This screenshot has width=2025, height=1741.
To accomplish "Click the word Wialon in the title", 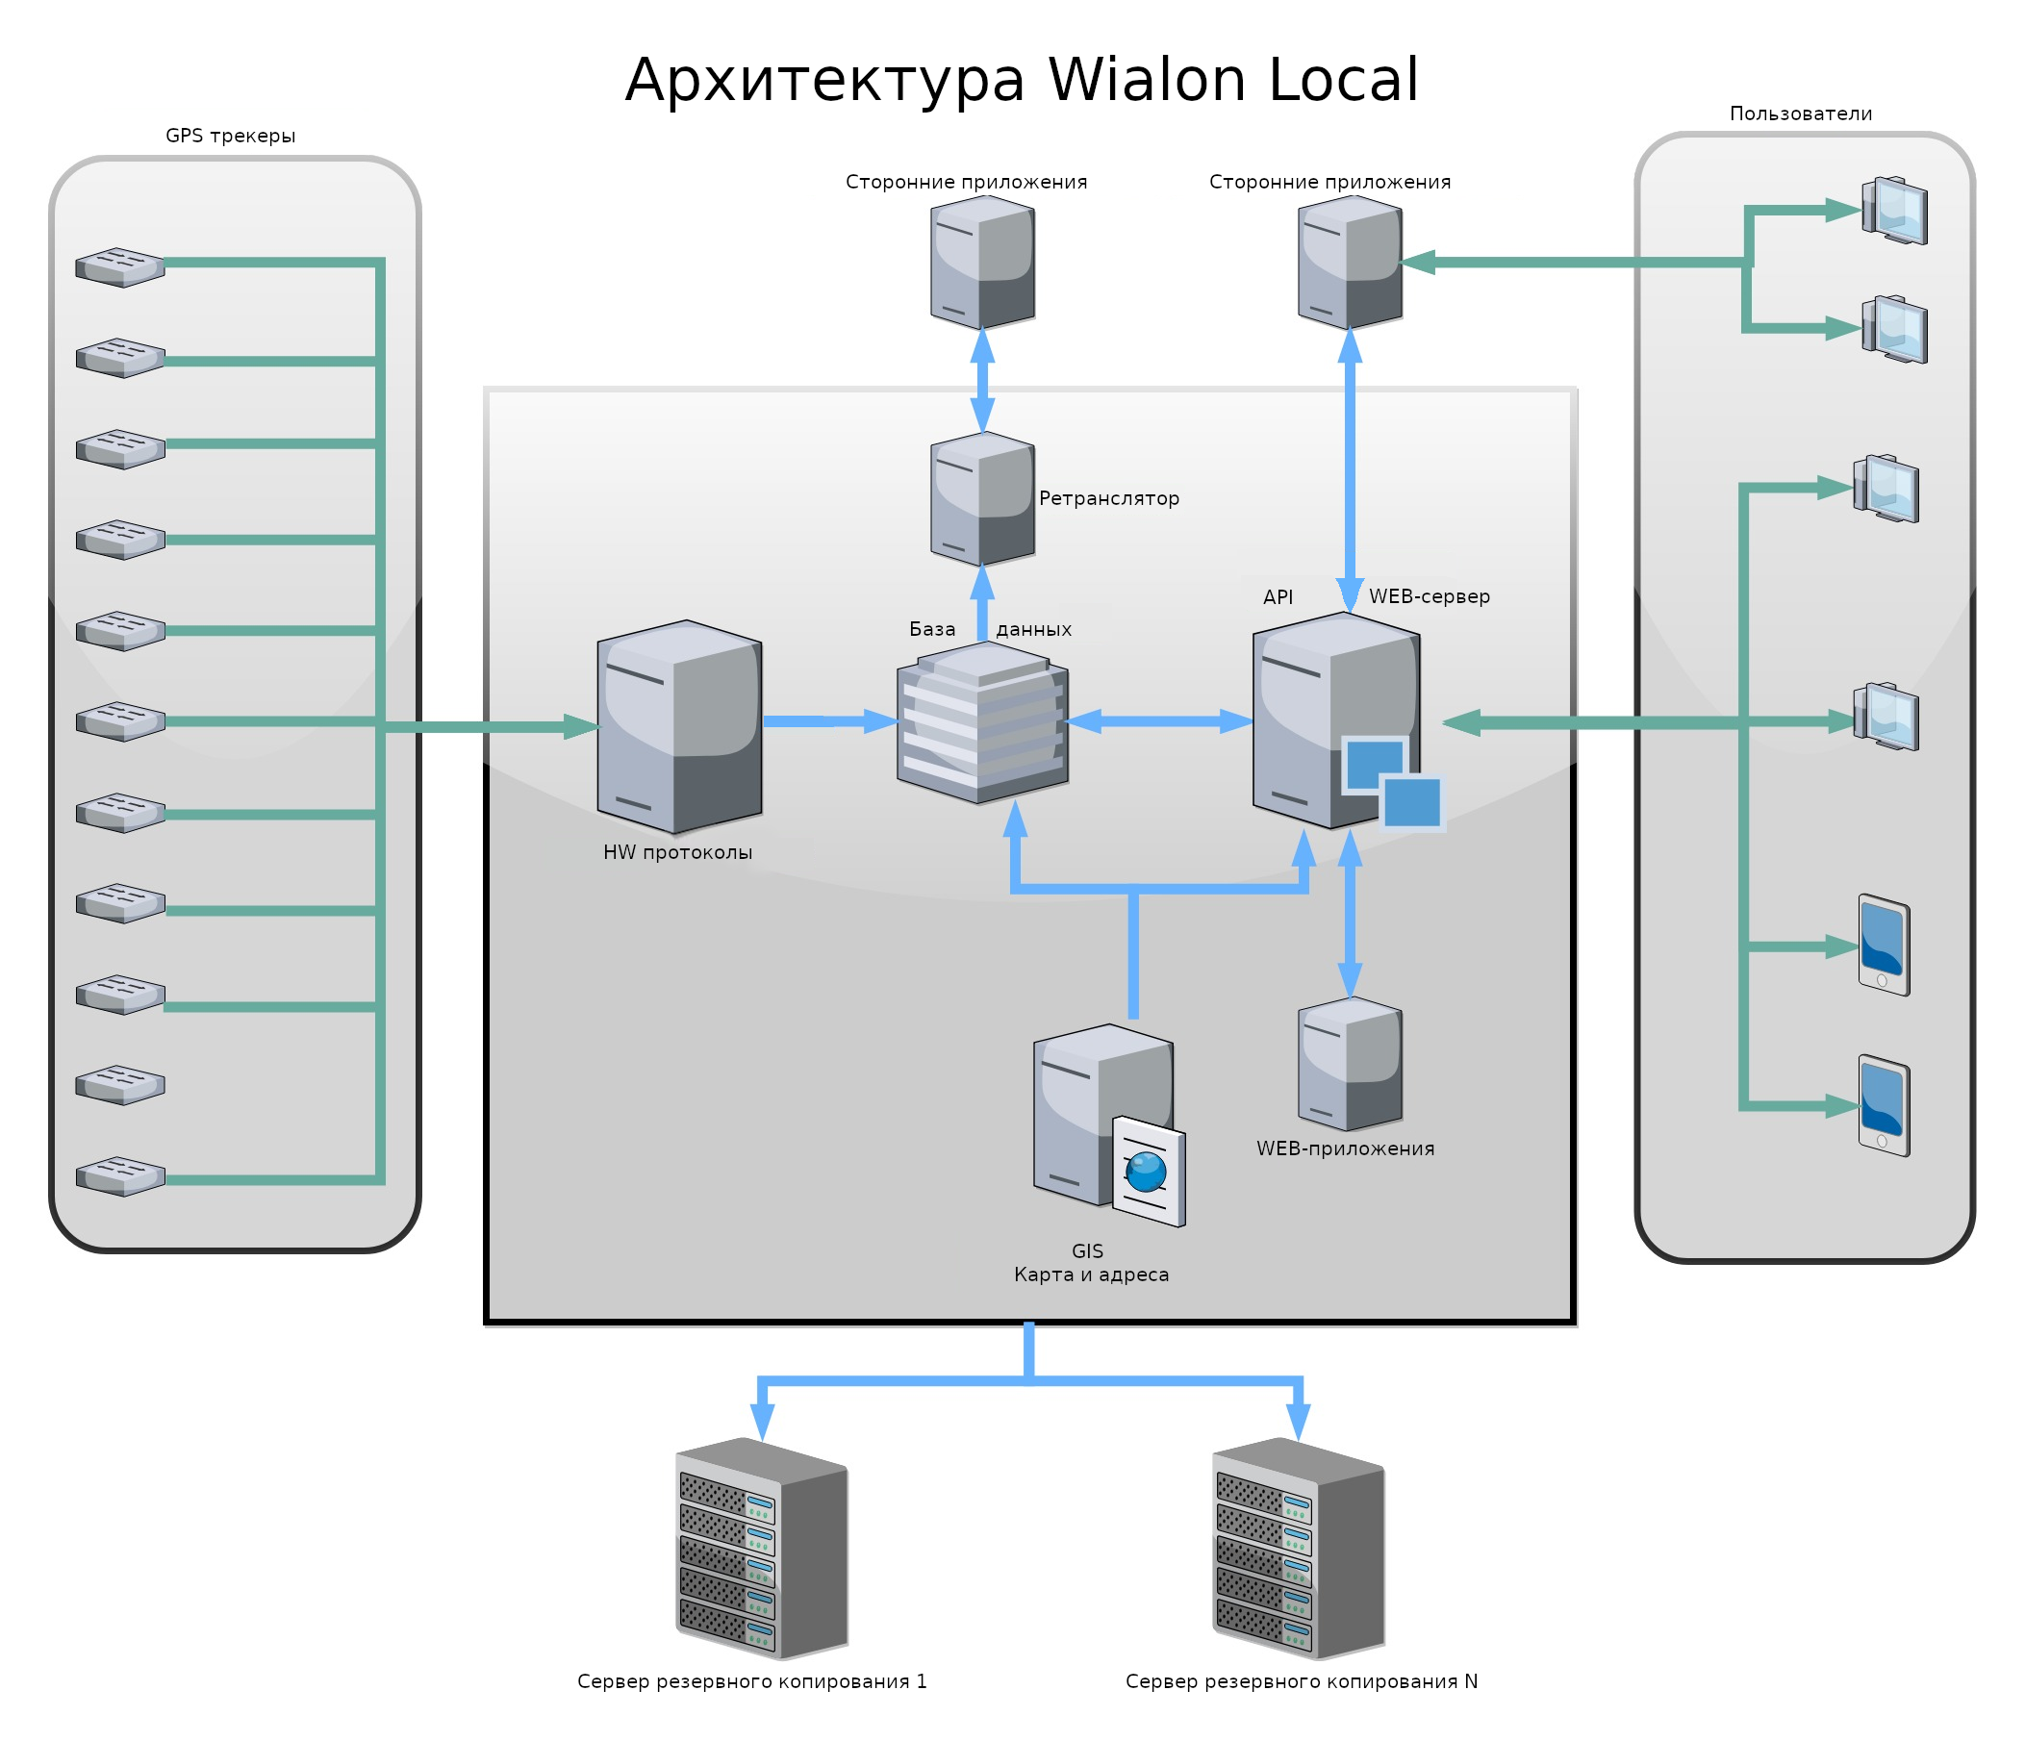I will coord(1149,80).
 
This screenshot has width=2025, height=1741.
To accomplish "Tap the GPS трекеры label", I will coord(231,136).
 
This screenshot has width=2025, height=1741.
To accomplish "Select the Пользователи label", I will coord(1800,114).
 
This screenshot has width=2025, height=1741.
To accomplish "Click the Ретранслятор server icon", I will coord(982,498).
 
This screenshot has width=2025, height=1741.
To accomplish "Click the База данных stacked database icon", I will coord(982,723).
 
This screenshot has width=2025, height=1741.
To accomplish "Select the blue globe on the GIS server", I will coord(1146,1172).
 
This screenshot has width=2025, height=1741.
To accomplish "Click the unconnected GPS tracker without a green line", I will coord(120,1084).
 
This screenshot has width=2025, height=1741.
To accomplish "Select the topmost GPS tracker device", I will coord(120,266).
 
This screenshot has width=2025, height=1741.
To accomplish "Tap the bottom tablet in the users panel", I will coord(1884,1105).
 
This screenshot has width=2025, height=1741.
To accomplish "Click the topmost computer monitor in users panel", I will coord(1894,210).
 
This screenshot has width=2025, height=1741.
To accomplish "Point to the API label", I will coord(1278,597).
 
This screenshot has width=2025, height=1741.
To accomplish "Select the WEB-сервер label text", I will coord(1429,596).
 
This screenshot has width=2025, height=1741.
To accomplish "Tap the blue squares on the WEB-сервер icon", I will coord(1393,782).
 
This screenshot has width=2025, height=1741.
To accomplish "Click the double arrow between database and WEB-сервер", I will coord(1159,721).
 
